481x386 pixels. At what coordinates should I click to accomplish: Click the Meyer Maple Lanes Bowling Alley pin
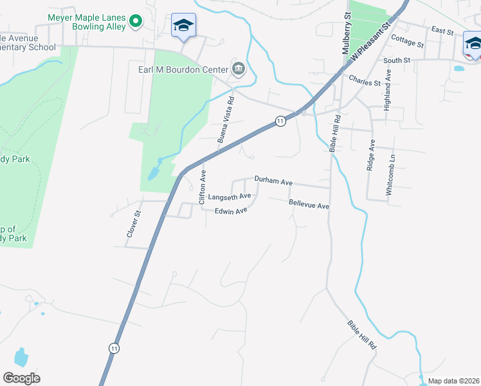(135, 22)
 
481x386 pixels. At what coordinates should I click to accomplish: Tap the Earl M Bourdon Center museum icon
(239, 69)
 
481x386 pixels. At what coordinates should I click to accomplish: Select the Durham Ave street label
(273, 181)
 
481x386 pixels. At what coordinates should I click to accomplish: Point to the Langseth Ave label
(228, 197)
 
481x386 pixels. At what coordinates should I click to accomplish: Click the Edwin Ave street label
(231, 211)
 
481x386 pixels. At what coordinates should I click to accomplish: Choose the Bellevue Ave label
(309, 204)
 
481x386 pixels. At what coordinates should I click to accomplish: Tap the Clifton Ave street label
(203, 187)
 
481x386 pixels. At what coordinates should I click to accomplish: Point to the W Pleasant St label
(370, 42)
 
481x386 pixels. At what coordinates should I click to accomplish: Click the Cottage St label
(407, 42)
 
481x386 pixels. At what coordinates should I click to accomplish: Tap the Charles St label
(360, 81)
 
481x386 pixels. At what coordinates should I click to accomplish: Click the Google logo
(21, 378)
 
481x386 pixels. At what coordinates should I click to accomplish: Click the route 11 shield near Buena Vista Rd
(280, 120)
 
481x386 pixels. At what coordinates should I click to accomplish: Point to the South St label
(397, 60)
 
